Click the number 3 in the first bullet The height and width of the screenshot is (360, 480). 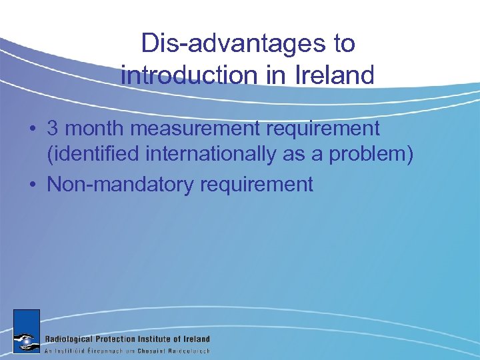53,129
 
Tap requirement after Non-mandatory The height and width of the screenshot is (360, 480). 256,184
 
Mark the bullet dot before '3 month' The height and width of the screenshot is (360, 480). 33,129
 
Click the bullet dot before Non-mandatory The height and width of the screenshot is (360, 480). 33,184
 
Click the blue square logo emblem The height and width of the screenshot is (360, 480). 27,331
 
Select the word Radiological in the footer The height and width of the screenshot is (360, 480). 73,339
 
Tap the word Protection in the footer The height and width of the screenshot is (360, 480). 124,339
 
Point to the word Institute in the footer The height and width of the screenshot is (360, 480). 167,339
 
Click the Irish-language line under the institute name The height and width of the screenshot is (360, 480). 127,350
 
